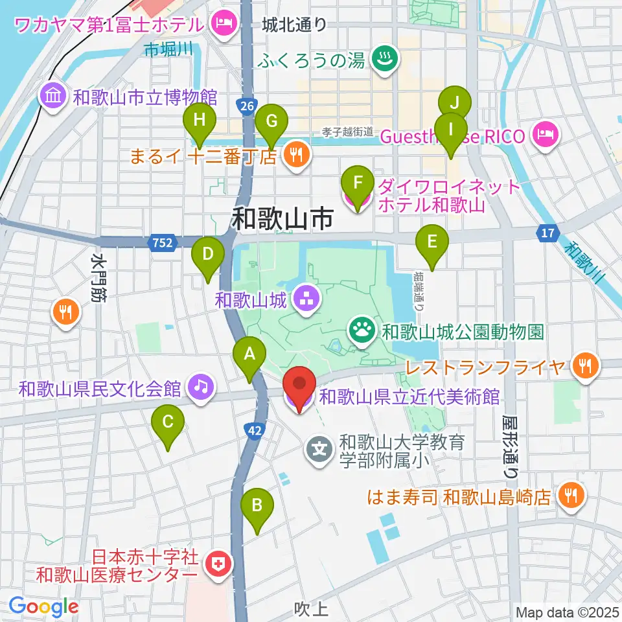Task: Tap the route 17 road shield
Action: (548, 231)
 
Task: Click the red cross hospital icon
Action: (218, 565)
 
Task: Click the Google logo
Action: (43, 607)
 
